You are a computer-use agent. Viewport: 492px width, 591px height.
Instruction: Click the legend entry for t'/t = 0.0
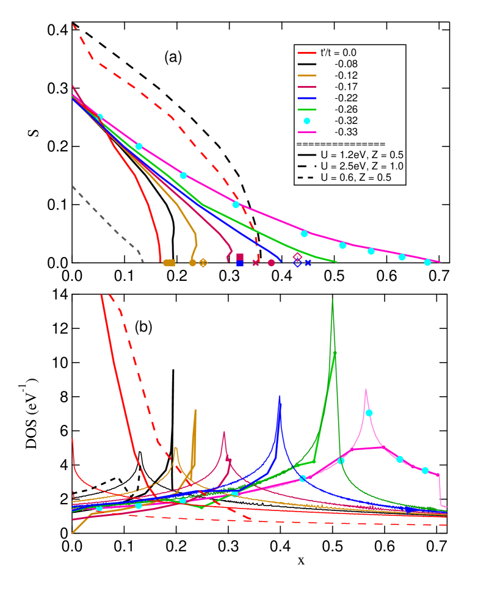(x=338, y=53)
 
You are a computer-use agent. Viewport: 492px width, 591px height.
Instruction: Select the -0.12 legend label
(x=346, y=75)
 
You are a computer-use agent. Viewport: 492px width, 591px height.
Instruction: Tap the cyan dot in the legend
(x=306, y=120)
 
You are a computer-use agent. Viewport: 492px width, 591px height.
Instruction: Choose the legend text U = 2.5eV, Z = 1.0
(x=361, y=166)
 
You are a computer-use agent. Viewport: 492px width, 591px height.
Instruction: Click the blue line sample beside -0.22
(x=306, y=98)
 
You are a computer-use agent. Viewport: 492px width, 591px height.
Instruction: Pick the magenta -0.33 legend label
(x=346, y=132)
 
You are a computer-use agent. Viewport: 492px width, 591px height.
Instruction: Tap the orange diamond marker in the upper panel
(x=203, y=263)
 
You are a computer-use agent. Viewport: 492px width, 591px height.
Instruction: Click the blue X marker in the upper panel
(x=308, y=263)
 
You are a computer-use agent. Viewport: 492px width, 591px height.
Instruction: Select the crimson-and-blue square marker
(x=240, y=260)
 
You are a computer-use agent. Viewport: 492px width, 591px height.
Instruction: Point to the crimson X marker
(x=256, y=263)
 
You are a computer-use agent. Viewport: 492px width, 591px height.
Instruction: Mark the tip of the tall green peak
(x=332, y=300)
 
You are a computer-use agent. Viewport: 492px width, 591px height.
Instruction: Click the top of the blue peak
(x=280, y=397)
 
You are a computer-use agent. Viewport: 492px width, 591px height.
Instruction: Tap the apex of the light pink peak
(x=366, y=389)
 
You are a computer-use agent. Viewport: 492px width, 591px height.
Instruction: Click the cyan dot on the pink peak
(x=369, y=413)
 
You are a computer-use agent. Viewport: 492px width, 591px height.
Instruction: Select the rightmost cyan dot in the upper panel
(x=427, y=262)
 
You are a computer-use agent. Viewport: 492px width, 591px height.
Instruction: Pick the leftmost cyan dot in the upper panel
(x=99, y=117)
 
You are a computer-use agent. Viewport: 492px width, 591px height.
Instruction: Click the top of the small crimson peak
(x=224, y=432)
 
